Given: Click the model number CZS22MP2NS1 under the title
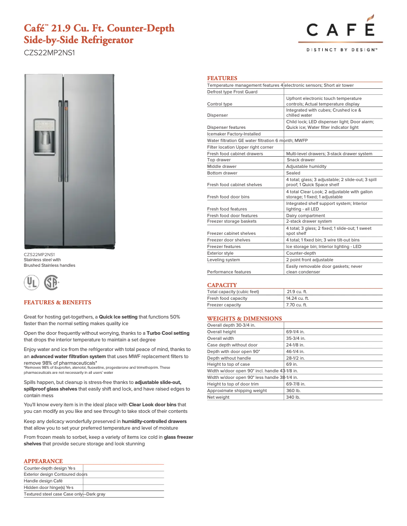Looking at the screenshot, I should [x=49, y=52].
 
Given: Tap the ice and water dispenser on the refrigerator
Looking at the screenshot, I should [x=45, y=136].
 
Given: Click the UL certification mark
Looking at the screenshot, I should [x=31, y=283].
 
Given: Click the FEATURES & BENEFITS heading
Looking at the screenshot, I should [x=57, y=302].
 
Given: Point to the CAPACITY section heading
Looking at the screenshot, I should [x=222, y=285].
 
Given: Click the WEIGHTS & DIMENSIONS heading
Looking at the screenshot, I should [x=244, y=319].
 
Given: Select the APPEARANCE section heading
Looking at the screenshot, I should [x=43, y=461].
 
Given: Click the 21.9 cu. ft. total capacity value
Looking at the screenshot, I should [x=297, y=292].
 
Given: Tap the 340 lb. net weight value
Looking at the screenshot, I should [x=293, y=397].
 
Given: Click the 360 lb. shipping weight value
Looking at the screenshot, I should [x=293, y=391].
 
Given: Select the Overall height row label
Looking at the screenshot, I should [x=221, y=332].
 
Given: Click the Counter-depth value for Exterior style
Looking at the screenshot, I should [x=300, y=253].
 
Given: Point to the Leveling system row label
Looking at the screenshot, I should [x=223, y=260].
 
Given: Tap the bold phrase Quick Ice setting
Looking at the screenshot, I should [x=118, y=317].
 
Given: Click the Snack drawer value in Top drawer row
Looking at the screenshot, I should [x=301, y=160].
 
